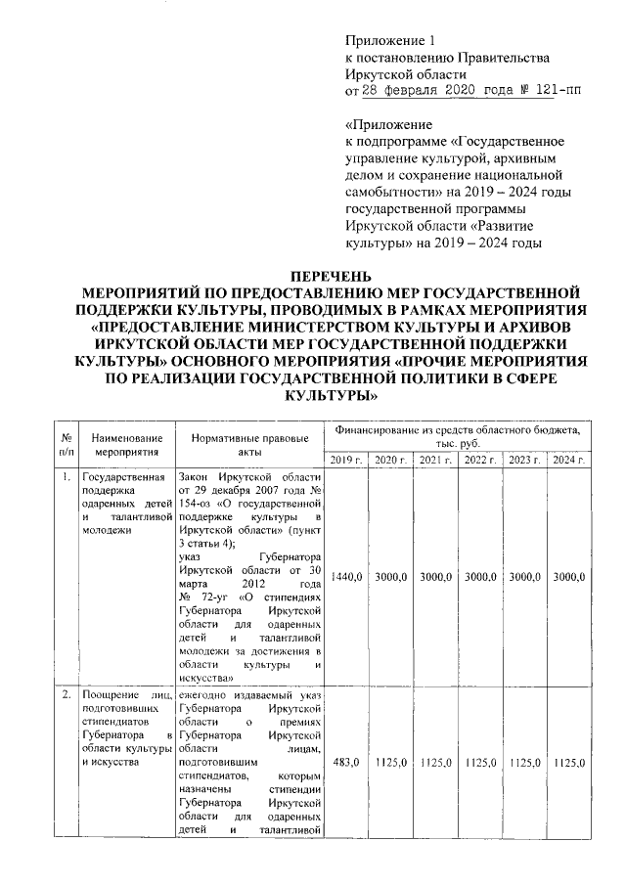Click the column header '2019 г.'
[x=345, y=460]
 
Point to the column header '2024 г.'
[x=568, y=460]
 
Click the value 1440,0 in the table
[x=345, y=578]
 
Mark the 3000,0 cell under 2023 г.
[x=524, y=578]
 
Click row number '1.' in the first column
[x=66, y=478]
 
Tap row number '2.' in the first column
[x=66, y=694]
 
